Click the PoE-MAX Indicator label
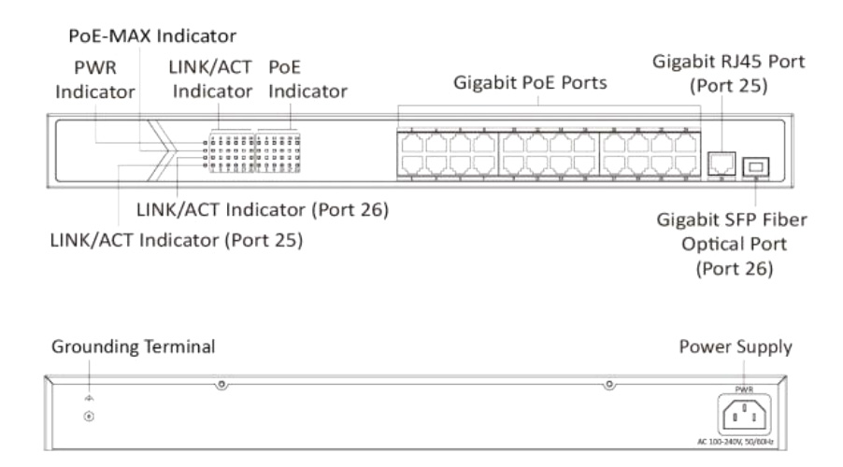point(153,35)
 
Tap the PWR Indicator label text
point(93,80)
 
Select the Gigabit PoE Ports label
point(530,82)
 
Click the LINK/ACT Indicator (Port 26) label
point(262,211)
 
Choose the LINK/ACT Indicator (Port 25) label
point(178,239)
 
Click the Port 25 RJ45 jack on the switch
point(722,163)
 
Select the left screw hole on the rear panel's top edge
point(221,385)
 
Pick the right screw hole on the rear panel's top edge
point(608,385)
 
